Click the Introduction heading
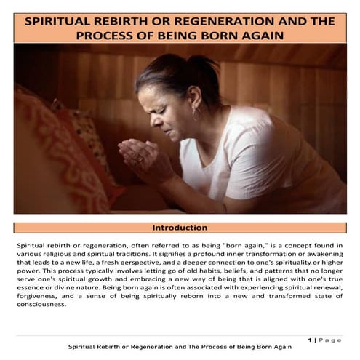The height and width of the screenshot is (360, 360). click(180, 228)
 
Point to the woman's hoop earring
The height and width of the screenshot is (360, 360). click(195, 114)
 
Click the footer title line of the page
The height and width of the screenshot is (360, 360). click(180, 348)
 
